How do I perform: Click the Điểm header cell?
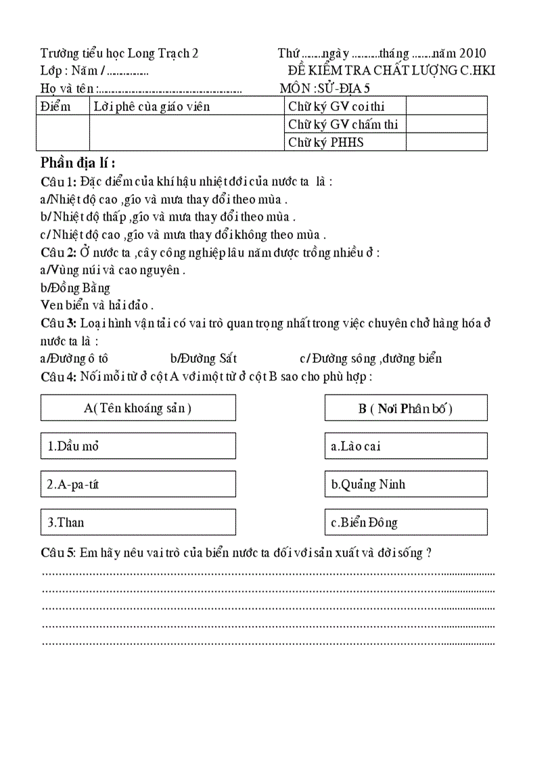(x=55, y=106)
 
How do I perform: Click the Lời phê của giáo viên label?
(x=152, y=106)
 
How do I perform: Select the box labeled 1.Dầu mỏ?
(x=138, y=446)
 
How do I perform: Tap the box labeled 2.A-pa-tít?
(x=138, y=485)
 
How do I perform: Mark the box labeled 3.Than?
(x=138, y=522)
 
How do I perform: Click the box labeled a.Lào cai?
(x=405, y=446)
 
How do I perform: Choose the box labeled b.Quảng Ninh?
(x=405, y=485)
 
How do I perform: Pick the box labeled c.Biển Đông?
(x=405, y=522)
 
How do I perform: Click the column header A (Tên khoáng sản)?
(x=138, y=408)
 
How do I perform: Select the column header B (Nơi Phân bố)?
(x=405, y=408)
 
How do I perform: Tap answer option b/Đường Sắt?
(x=204, y=359)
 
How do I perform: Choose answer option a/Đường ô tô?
(x=74, y=359)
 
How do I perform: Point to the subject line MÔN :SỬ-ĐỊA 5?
(x=325, y=88)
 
